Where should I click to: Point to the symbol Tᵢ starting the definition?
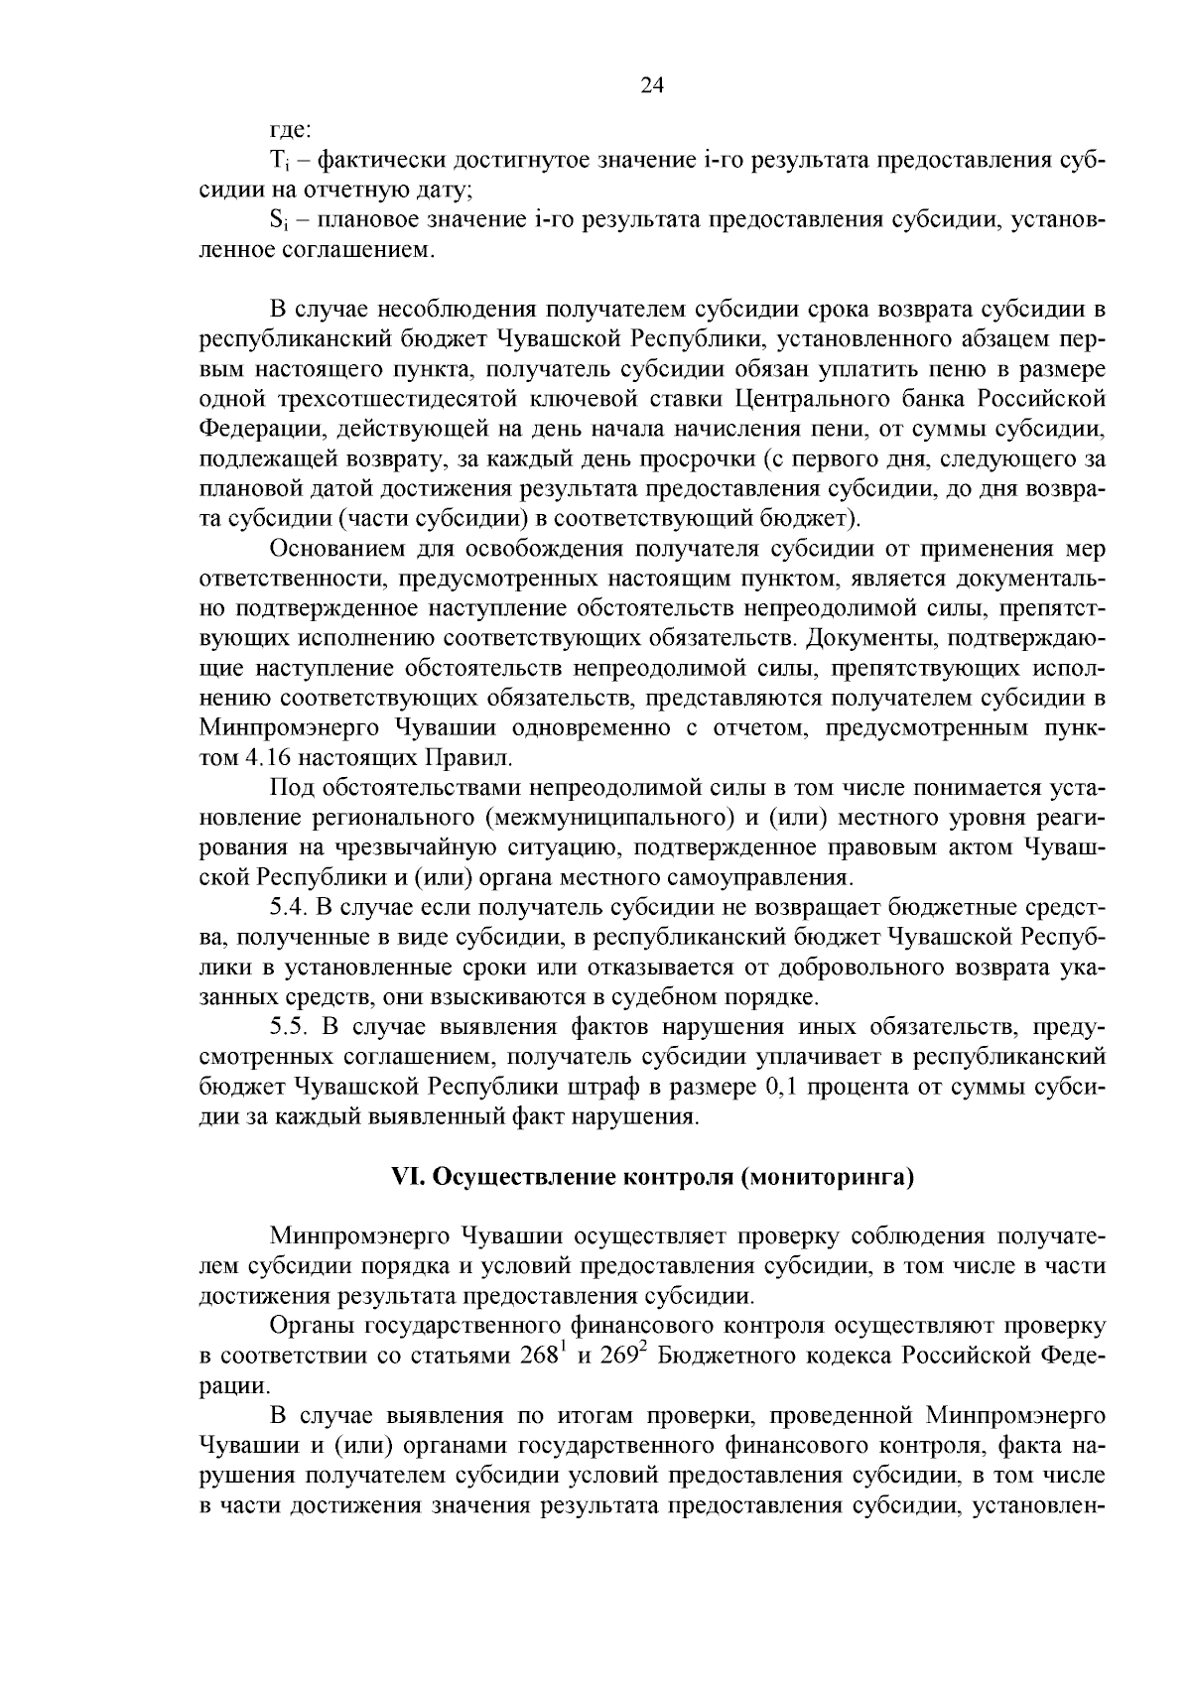click(278, 161)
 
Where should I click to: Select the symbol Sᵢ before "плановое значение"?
click(278, 220)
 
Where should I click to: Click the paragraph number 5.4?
click(288, 908)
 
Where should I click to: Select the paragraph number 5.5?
click(288, 1026)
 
